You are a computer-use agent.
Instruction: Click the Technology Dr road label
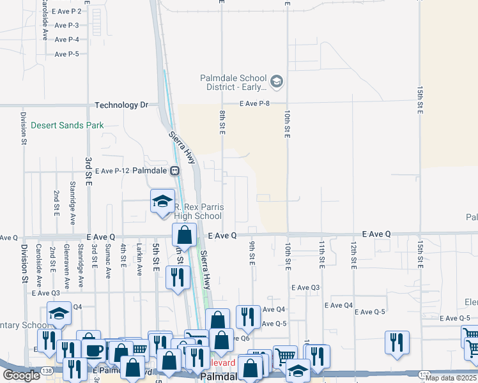pos(121,105)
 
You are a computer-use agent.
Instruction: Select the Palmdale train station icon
pos(174,171)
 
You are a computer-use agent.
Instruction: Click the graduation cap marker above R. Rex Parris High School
pos(163,201)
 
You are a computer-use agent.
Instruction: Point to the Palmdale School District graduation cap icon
pos(277,81)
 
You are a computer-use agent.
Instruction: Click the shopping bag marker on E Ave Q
pos(184,236)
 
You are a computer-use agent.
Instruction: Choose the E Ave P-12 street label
pos(112,171)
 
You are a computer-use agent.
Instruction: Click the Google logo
pos(21,375)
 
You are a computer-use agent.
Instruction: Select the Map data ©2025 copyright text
pos(451,378)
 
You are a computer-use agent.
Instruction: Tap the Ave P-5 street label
pos(66,54)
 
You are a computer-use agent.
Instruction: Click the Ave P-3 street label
pos(66,26)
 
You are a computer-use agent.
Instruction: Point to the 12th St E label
pos(353,253)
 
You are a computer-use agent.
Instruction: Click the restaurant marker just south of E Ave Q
pos(177,278)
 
